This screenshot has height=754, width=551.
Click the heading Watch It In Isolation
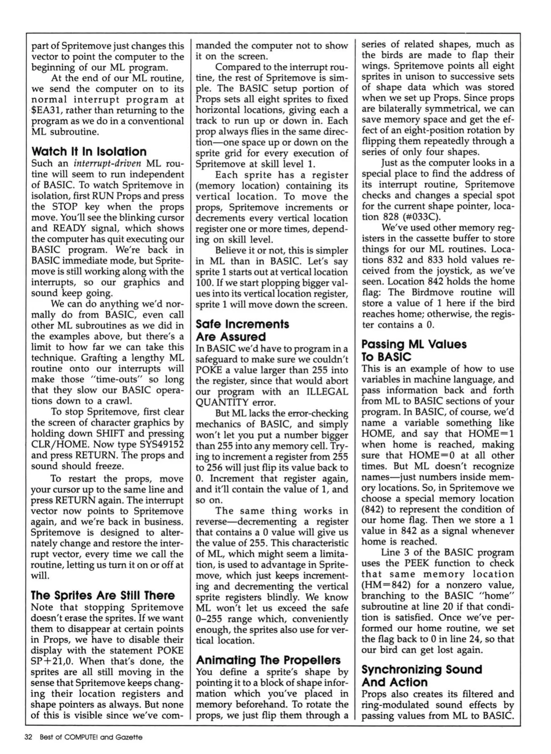89,151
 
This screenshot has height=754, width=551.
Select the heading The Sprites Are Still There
103,595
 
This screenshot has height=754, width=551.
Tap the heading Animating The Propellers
268,660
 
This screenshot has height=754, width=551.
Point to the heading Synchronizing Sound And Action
422,675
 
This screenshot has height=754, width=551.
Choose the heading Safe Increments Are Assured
242,330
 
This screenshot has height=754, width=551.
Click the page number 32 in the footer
28,737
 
